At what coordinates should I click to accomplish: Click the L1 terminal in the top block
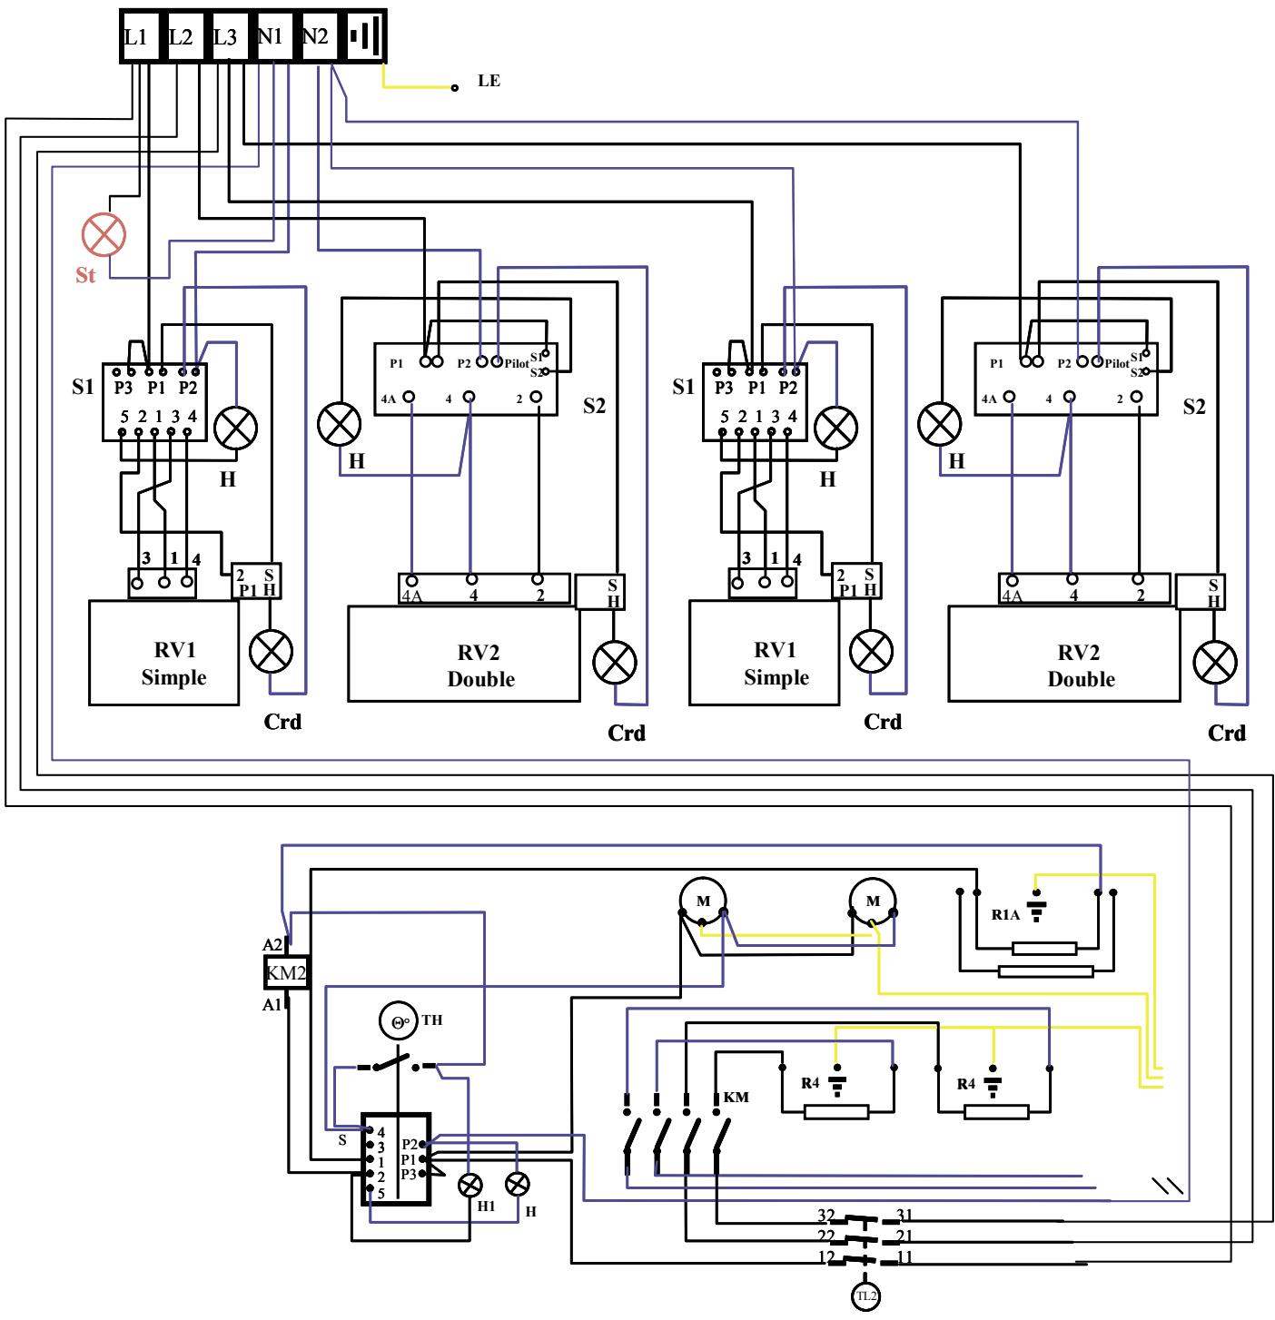pyautogui.click(x=136, y=37)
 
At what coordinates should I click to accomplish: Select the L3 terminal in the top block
pyautogui.click(x=225, y=37)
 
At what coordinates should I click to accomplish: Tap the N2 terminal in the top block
pyautogui.click(x=315, y=37)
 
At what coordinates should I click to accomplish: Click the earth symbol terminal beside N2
pyautogui.click(x=366, y=37)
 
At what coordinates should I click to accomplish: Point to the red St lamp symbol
pyautogui.click(x=104, y=235)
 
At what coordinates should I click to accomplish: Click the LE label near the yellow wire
pyautogui.click(x=489, y=81)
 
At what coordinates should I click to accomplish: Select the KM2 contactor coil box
pyautogui.click(x=285, y=975)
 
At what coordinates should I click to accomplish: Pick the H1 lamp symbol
pyautogui.click(x=469, y=1185)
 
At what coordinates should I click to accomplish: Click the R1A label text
pyautogui.click(x=1005, y=915)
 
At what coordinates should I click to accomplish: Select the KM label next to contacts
pyautogui.click(x=736, y=1097)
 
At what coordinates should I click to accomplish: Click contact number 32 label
pyautogui.click(x=825, y=1215)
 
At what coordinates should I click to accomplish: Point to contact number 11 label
pyautogui.click(x=904, y=1257)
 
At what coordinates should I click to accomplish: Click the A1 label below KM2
pyautogui.click(x=272, y=1004)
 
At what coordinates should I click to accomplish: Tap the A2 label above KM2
pyautogui.click(x=272, y=945)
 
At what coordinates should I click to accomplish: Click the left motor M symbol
pyautogui.click(x=702, y=901)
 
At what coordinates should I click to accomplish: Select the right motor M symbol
pyautogui.click(x=873, y=901)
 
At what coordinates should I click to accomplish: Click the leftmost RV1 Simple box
pyautogui.click(x=163, y=652)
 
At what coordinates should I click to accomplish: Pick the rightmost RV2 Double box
pyautogui.click(x=1064, y=654)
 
